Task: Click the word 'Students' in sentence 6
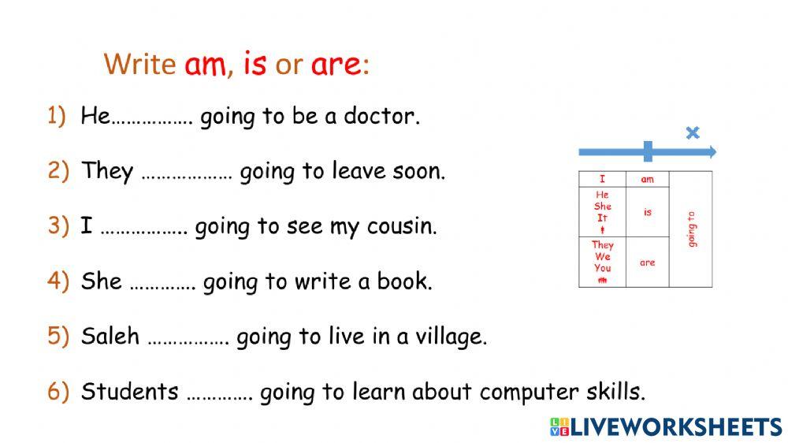[x=129, y=391]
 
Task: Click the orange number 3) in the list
[x=58, y=226]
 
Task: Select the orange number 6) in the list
[x=58, y=391]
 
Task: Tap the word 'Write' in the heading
[x=139, y=64]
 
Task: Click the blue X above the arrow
[x=693, y=132]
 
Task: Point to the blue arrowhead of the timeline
[x=711, y=151]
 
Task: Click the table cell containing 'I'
[x=602, y=179]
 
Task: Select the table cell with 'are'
[x=647, y=262]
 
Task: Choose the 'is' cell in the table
[x=647, y=212]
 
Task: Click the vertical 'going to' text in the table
[x=691, y=229]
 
